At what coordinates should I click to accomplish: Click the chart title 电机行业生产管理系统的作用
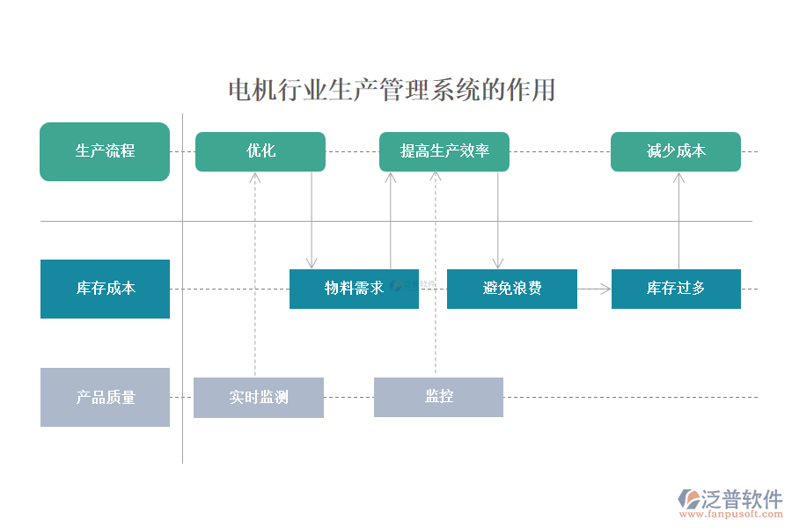pos(392,90)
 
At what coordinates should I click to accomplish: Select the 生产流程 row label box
pos(105,151)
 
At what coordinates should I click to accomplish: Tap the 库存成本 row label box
pos(105,289)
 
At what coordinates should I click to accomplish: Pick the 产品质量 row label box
pos(105,397)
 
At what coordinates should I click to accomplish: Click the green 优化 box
pos(260,151)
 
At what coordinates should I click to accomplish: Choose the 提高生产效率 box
pos(444,151)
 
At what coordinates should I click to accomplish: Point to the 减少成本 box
pos(676,151)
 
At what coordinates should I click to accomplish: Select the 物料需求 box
pos(354,289)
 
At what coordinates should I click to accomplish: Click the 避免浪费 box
pos(512,289)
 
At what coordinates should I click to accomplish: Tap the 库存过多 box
pos(676,289)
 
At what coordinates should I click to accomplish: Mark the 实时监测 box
pos(259,397)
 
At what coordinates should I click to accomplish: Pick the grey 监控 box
pos(438,397)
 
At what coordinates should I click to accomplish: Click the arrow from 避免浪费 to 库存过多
pos(595,288)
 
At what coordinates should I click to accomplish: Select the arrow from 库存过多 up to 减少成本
pos(678,220)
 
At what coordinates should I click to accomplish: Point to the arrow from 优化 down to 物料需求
pos(312,220)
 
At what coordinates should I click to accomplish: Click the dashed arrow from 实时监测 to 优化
pos(255,273)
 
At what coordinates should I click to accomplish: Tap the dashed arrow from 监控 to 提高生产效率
pos(435,273)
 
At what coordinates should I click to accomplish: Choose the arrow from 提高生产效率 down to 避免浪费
pos(498,220)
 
